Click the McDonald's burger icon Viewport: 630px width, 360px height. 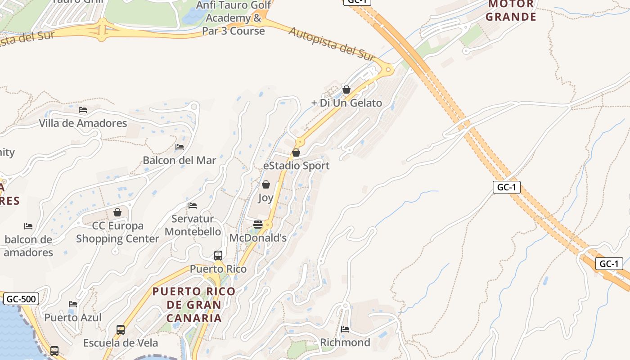[x=258, y=224]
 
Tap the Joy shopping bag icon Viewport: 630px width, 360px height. [x=266, y=184]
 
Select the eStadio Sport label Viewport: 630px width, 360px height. [x=296, y=166]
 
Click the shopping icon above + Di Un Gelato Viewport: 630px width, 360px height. [x=346, y=90]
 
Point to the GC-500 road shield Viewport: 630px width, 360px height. [x=21, y=299]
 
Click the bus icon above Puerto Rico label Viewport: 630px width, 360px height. [x=218, y=256]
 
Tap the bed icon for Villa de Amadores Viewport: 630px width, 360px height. [x=82, y=109]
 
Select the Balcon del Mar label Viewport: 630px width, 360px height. [x=179, y=160]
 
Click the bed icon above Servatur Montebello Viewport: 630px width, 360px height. [x=193, y=206]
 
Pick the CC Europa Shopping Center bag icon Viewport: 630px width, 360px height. [x=117, y=212]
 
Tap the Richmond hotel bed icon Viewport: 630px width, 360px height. [x=345, y=329]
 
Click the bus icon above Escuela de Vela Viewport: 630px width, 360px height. [x=121, y=329]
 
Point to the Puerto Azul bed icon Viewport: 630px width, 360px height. [x=73, y=304]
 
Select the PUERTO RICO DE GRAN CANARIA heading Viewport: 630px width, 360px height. [x=194, y=305]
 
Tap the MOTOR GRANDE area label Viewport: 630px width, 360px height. [x=512, y=11]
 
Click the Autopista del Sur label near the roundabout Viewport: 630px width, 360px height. [x=332, y=44]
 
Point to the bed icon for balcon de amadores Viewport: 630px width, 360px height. [x=28, y=226]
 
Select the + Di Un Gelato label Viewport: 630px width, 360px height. [x=346, y=103]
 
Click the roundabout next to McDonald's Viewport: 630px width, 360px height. [x=268, y=225]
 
